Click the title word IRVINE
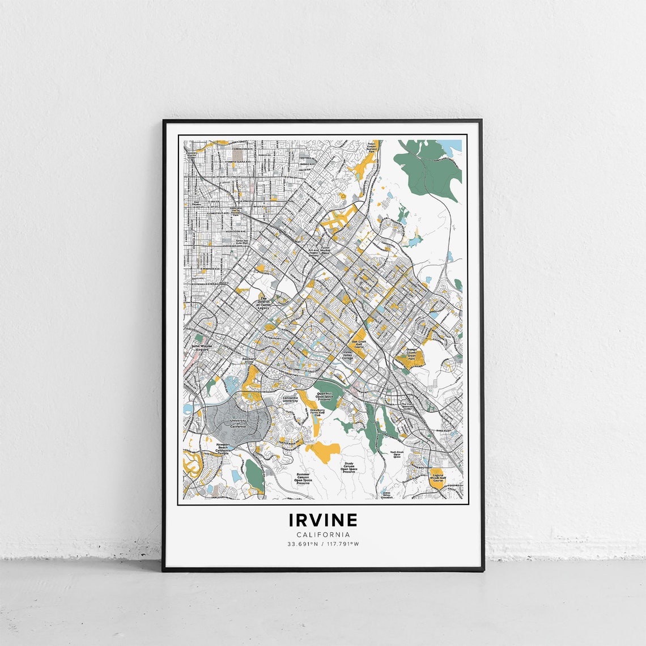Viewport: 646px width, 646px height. coord(323,520)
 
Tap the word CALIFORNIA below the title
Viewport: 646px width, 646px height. coord(323,534)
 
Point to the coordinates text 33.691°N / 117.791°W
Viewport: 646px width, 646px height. coord(323,544)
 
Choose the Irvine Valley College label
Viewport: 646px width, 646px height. coord(347,356)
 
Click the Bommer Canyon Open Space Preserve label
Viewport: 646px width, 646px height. coord(303,479)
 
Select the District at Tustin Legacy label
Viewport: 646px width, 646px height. coord(263,304)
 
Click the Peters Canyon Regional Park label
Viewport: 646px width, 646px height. coord(371,148)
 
